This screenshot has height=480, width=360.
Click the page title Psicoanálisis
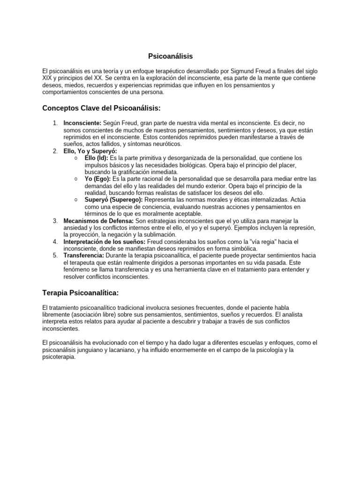pyautogui.click(x=170, y=56)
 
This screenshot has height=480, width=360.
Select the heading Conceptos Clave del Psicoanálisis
pyautogui.click(x=101, y=108)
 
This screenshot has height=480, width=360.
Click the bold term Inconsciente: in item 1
pyautogui.click(x=82, y=123)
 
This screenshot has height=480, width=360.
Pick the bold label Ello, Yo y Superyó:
pyautogui.click(x=90, y=151)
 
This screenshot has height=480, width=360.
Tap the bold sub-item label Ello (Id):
pyautogui.click(x=96, y=158)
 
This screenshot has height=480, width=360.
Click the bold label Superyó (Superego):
pyautogui.click(x=113, y=199)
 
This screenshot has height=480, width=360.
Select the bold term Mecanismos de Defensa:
pyautogui.click(x=98, y=221)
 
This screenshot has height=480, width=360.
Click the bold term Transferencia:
pyautogui.click(x=84, y=255)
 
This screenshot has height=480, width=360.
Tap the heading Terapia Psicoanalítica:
pyautogui.click(x=81, y=293)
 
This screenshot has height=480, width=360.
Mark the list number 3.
pyautogui.click(x=55, y=221)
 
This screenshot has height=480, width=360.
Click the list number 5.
pyautogui.click(x=55, y=255)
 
